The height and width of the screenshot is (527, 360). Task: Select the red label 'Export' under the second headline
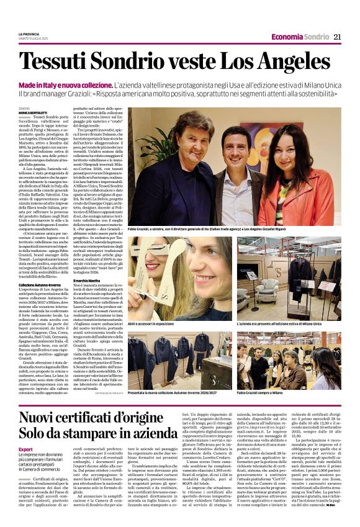coord(25,448)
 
